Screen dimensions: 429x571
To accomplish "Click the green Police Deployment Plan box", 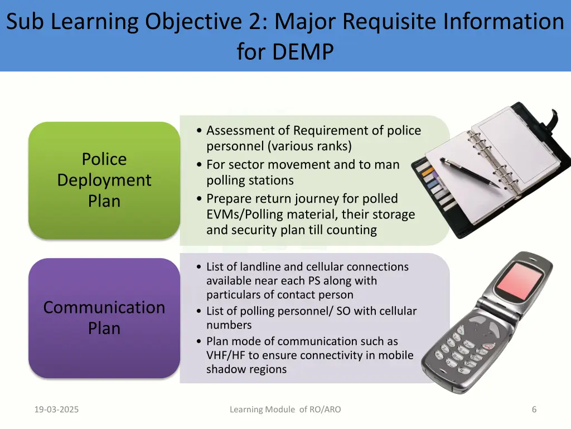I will tap(104, 180).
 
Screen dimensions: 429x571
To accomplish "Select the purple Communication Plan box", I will tap(104, 317).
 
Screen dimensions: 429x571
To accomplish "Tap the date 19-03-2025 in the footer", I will tap(56, 409).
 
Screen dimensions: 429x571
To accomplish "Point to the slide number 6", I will tap(534, 409).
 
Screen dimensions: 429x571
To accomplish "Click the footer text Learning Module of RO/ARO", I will tap(285, 409).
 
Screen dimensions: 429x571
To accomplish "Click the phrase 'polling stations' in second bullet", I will tap(250, 180).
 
